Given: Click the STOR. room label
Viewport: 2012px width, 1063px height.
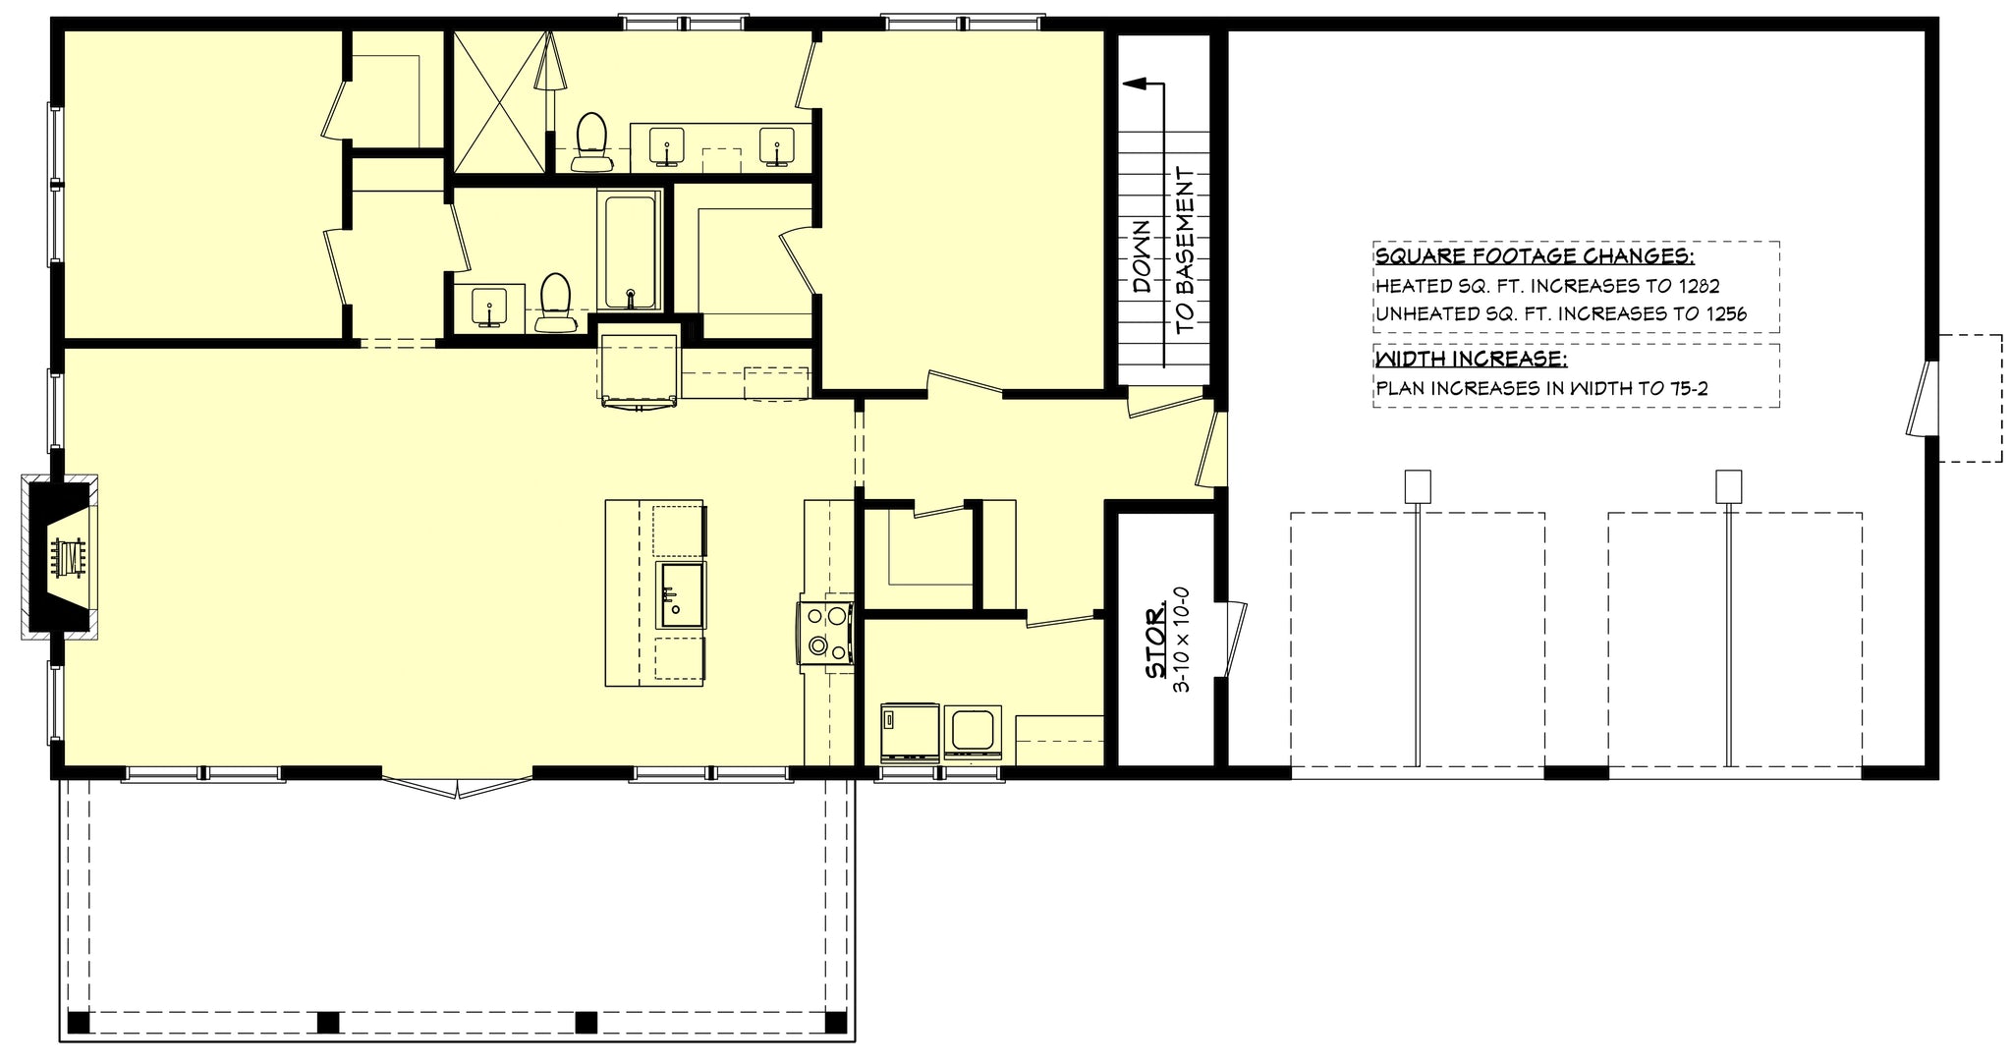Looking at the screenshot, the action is coord(1156,643).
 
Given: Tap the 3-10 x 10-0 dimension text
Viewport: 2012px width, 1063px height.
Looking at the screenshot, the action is coord(1182,641).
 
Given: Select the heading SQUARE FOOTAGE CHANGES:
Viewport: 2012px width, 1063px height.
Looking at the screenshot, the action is coord(1535,257).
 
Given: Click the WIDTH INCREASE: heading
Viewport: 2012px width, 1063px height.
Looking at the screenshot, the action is coord(1471,359).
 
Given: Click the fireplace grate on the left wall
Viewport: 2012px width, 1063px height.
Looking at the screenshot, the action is coord(69,557).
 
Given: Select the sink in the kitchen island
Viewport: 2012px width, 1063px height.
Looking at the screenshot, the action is coord(680,594).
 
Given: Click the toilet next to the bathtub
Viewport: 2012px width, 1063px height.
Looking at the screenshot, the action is coord(555,304).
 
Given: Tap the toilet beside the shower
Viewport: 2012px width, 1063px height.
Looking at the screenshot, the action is coord(590,140).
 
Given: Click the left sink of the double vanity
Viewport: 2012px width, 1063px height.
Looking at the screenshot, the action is coord(668,146).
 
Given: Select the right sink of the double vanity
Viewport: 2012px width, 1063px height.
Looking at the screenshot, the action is coord(777,146).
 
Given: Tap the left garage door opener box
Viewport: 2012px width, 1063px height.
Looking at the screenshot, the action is coord(1417,486).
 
